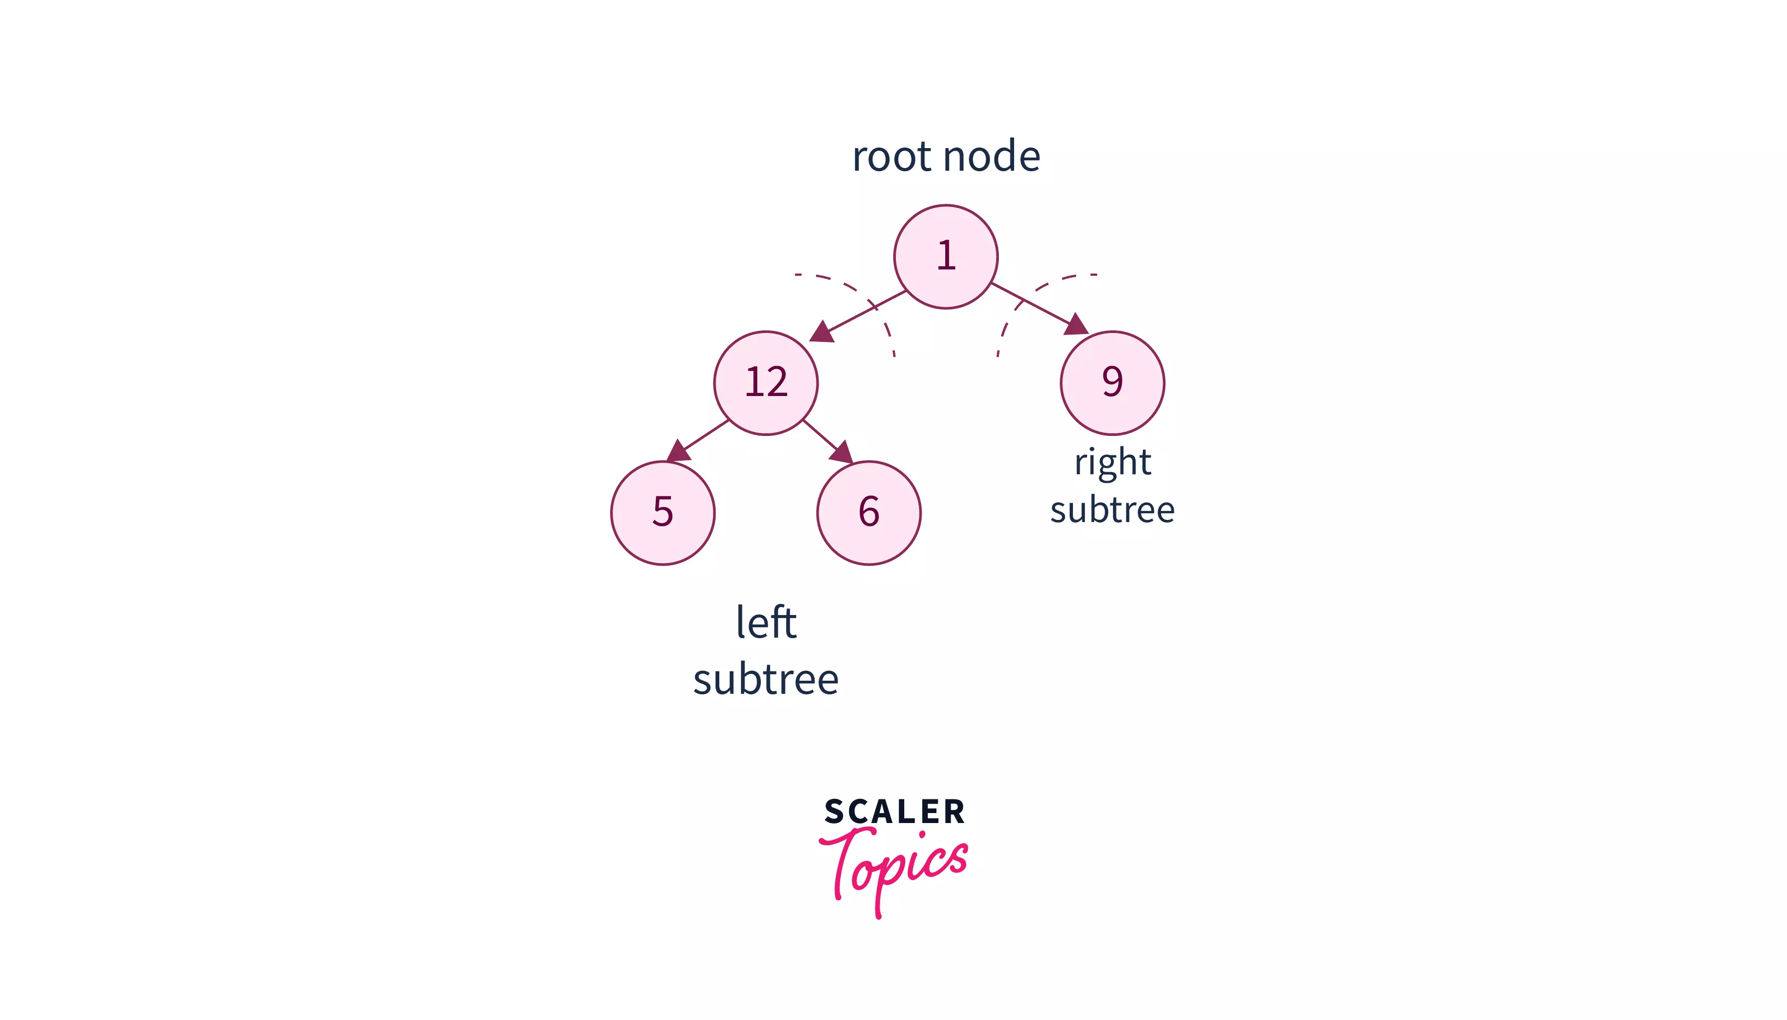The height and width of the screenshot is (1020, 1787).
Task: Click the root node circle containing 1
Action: point(945,256)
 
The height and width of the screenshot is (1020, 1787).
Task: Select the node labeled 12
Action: point(765,382)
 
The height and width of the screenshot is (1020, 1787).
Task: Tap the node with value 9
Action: point(1112,382)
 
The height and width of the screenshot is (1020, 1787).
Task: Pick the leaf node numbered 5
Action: point(662,512)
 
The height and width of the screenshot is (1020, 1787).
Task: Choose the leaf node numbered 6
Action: point(868,512)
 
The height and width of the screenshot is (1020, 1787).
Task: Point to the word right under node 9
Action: point(1112,462)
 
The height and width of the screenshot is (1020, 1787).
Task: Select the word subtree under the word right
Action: point(1112,509)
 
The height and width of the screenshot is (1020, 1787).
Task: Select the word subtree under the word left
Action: point(765,680)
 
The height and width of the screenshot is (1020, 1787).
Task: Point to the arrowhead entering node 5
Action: point(678,451)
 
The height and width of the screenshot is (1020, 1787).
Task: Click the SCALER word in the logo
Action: point(894,811)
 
